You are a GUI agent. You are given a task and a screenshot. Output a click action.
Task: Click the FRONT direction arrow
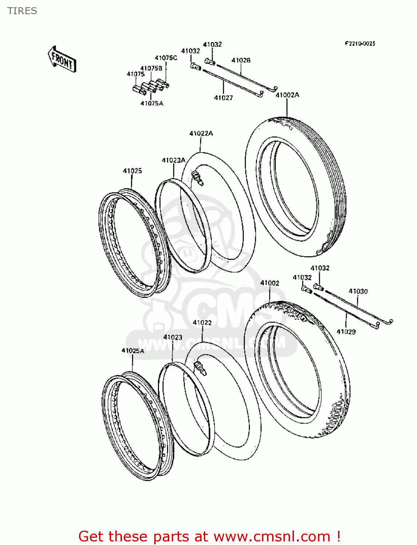pyautogui.click(x=62, y=60)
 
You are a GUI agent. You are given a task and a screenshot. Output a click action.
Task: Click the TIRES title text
pyautogui.click(x=22, y=11)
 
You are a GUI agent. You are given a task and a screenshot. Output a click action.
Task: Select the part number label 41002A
pyautogui.click(x=287, y=95)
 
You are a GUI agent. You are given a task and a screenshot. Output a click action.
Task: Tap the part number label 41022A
pyautogui.click(x=201, y=133)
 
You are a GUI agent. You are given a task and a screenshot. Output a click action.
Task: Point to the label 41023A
pyautogui.click(x=174, y=160)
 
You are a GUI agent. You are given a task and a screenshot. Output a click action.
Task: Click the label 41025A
pyautogui.click(x=133, y=351)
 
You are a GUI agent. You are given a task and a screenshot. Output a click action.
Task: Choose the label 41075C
pyautogui.click(x=166, y=58)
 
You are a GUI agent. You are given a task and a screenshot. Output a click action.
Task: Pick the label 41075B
pyautogui.click(x=151, y=68)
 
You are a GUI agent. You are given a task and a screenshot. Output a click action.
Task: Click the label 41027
pyautogui.click(x=223, y=98)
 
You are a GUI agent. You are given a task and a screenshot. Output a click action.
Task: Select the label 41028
pyautogui.click(x=241, y=60)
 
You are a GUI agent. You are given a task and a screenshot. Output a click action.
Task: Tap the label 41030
pyautogui.click(x=358, y=291)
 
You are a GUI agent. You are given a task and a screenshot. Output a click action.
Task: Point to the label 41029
pyautogui.click(x=346, y=331)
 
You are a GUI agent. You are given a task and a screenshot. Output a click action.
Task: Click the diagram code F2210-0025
pyautogui.click(x=360, y=44)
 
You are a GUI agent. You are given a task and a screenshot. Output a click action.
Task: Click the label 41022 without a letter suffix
pyautogui.click(x=202, y=322)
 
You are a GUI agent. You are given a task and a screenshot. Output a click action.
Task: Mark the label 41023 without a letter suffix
pyautogui.click(x=172, y=337)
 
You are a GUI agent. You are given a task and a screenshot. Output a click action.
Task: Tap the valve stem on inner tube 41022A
pyautogui.click(x=197, y=178)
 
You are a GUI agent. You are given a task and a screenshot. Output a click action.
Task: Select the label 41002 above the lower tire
pyautogui.click(x=270, y=283)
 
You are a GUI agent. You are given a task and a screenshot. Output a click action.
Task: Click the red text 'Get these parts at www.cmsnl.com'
pyautogui.click(x=209, y=536)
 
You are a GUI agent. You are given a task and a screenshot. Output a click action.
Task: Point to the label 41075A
pyautogui.click(x=152, y=103)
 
